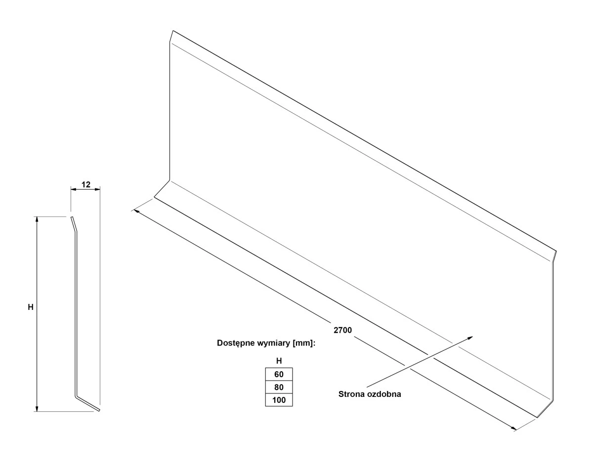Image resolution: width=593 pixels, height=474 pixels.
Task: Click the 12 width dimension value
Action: click(x=86, y=184)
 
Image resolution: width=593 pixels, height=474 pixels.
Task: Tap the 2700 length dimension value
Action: click(x=342, y=330)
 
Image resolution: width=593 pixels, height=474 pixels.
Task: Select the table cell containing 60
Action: click(x=279, y=374)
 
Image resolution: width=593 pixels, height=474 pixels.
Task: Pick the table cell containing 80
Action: click(x=279, y=387)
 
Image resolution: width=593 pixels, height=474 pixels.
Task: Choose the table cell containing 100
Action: click(x=279, y=400)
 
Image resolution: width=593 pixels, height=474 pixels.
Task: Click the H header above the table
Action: click(x=279, y=361)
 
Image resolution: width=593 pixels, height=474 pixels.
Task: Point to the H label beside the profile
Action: click(x=31, y=307)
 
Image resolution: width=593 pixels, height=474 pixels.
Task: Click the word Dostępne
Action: click(x=236, y=344)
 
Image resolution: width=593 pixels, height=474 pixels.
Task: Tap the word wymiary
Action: click(x=274, y=344)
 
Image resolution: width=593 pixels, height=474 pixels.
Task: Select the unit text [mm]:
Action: click(x=304, y=344)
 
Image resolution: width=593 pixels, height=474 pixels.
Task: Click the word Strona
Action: click(x=351, y=394)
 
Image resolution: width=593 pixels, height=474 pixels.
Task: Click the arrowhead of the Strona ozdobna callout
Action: click(x=470, y=338)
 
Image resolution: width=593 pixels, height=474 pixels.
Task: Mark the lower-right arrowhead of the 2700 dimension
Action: click(x=513, y=428)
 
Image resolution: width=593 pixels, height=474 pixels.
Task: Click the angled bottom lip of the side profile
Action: click(x=87, y=404)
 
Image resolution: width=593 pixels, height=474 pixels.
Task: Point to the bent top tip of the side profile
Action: click(x=74, y=224)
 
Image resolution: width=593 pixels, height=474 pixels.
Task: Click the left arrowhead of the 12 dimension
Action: click(x=74, y=189)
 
